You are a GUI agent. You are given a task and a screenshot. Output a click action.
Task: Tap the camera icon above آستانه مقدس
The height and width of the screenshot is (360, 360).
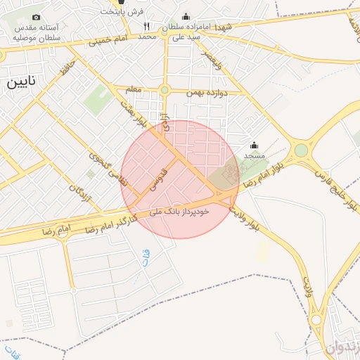click(36, 17)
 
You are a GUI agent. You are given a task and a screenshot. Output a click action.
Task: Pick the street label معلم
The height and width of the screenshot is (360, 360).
click(134, 90)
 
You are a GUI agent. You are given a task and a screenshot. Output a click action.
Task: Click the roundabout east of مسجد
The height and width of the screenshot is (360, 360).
click(301, 150)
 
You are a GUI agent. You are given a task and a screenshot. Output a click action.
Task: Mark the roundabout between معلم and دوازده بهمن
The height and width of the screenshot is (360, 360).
click(165, 90)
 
